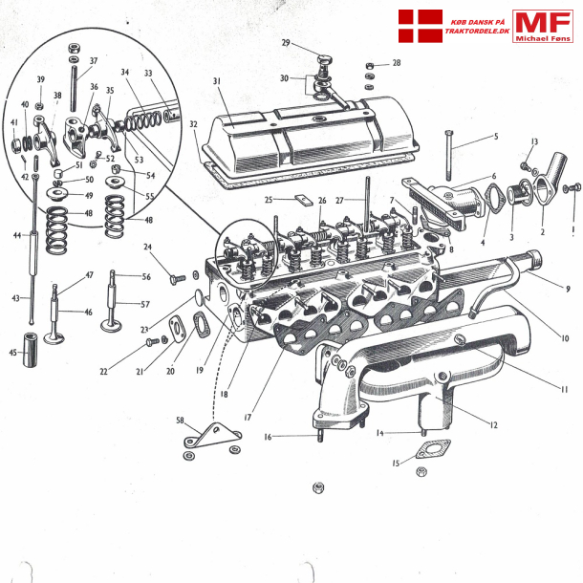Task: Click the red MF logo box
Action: [542, 26]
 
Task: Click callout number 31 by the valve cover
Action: [217, 81]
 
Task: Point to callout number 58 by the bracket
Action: [179, 419]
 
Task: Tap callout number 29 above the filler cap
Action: [286, 42]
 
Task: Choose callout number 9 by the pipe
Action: [567, 288]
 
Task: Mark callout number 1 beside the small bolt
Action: [572, 229]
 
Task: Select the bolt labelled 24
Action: [177, 278]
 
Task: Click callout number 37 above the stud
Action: [93, 61]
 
